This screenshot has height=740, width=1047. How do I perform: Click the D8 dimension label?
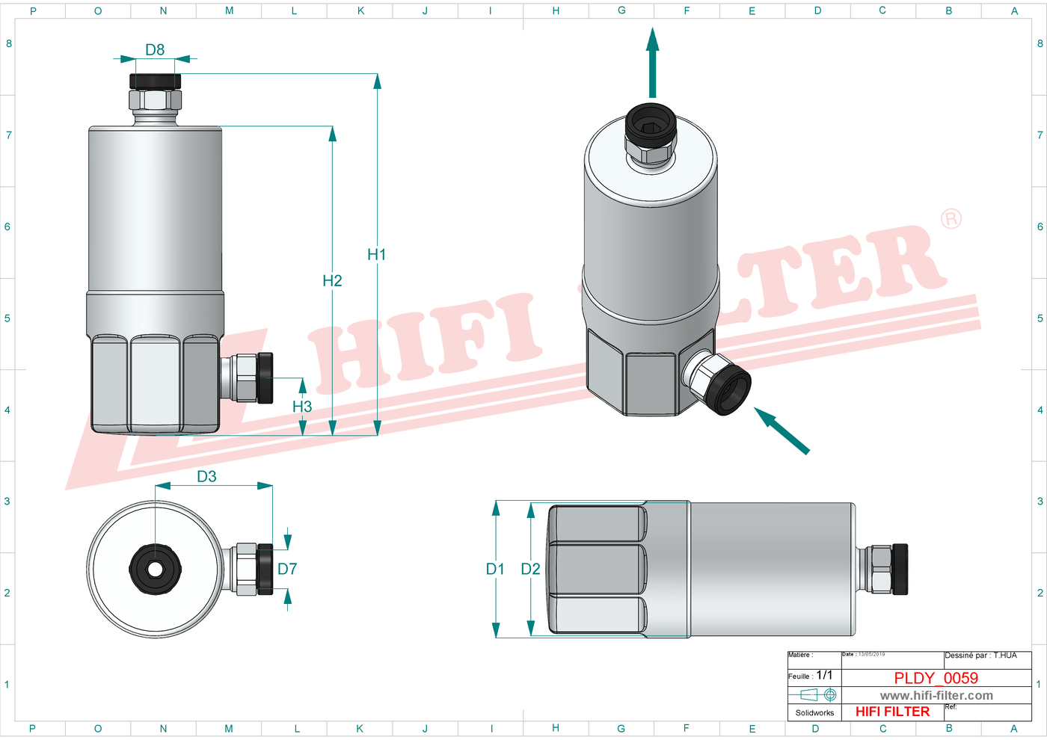pos(155,50)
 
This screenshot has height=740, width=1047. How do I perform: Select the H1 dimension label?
pos(376,255)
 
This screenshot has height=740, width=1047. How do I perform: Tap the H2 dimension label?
pos(332,281)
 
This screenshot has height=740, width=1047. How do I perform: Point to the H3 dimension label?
pos(302,407)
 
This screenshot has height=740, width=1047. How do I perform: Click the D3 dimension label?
pos(206,477)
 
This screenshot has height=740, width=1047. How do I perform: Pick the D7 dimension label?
pos(287,570)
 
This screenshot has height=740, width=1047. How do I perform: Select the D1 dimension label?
pos(495,570)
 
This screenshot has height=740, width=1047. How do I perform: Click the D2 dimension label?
pos(530,570)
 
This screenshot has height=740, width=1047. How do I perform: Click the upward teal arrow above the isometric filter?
pos(653,64)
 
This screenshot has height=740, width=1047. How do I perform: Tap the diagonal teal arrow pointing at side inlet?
pos(781,430)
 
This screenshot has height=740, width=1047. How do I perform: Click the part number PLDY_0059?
pos(936,678)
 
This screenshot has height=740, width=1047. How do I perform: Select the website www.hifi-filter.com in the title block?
pos(936,696)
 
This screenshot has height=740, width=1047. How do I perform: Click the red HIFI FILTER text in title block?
pos(892,712)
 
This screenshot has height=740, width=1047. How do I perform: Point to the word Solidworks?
pos(814,713)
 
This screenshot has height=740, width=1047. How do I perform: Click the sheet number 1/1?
pos(824,675)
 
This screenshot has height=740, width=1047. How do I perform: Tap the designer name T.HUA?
pos(1005,656)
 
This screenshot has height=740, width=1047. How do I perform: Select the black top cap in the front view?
pos(155,81)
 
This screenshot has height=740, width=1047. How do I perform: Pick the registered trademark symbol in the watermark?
pos(951,219)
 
